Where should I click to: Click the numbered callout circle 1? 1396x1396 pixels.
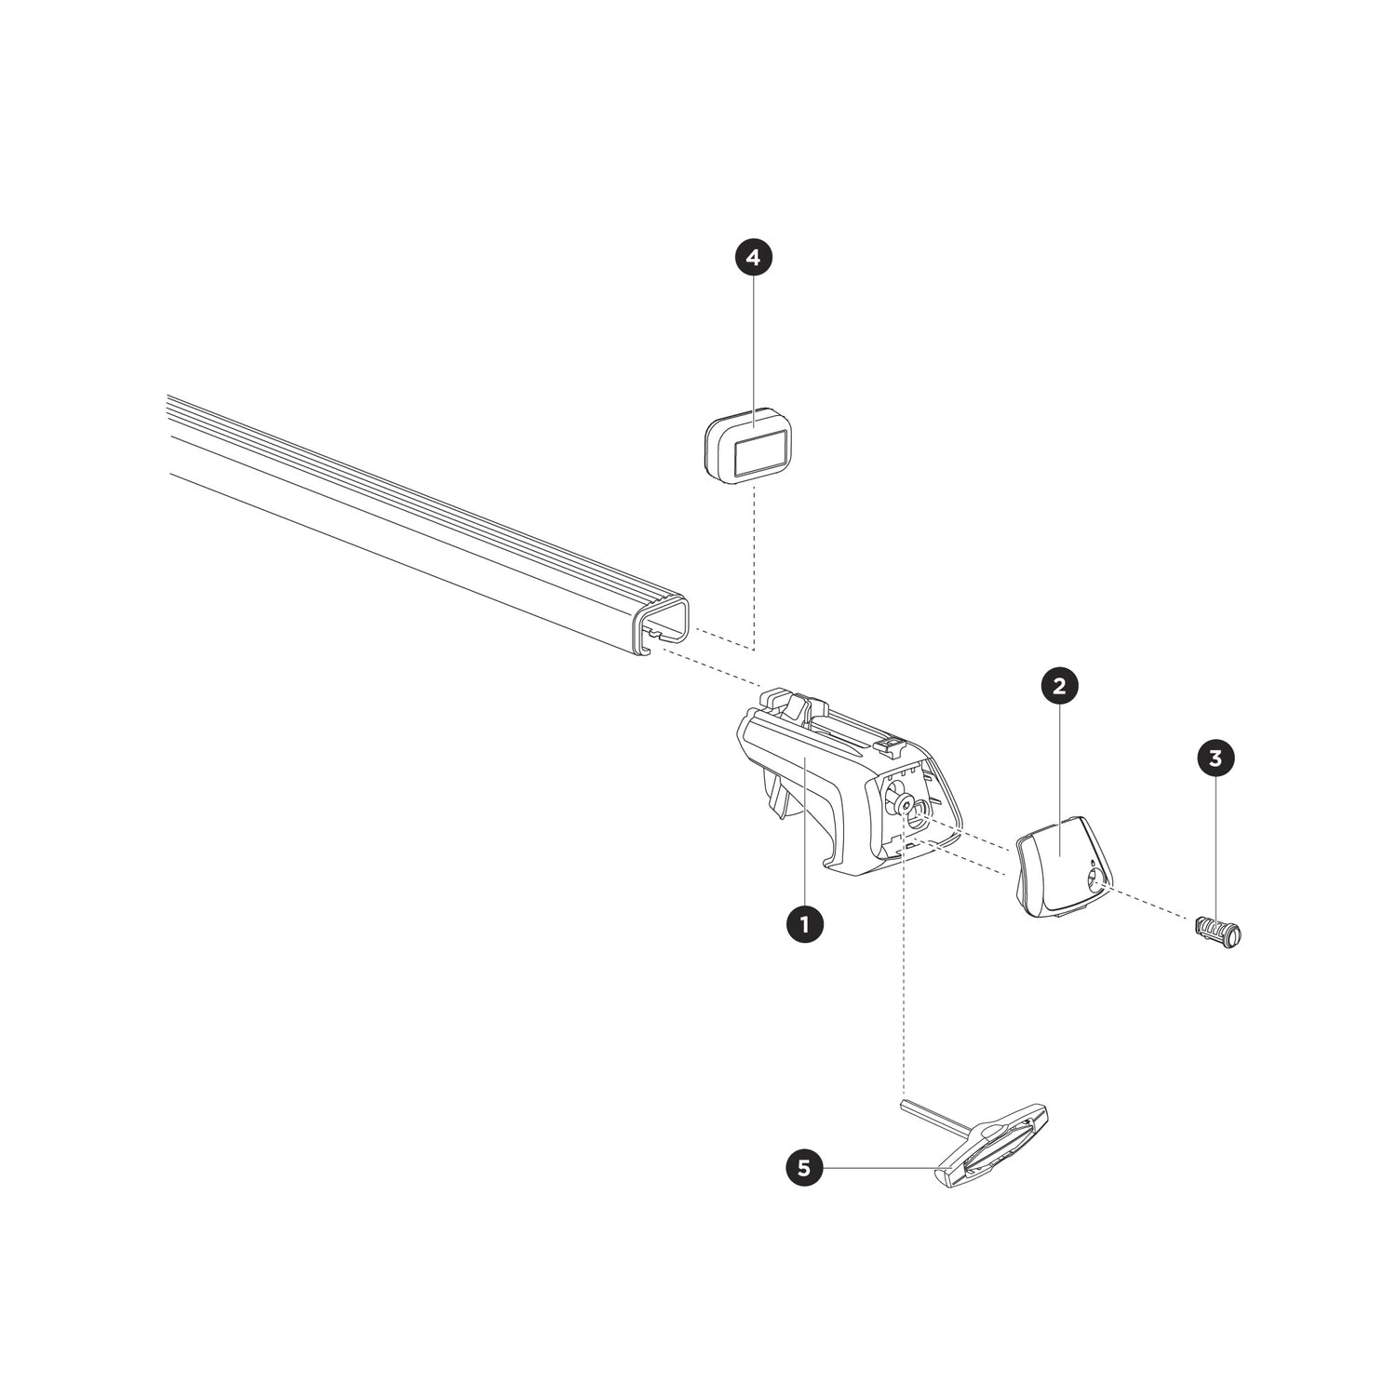click(x=804, y=924)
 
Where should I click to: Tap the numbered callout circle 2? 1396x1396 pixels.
click(x=1059, y=687)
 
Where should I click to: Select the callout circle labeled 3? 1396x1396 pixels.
click(x=1215, y=758)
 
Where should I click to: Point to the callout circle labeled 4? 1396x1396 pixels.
click(x=754, y=258)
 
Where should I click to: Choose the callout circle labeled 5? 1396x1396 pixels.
click(x=804, y=1168)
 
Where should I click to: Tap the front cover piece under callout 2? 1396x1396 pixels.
click(x=1056, y=866)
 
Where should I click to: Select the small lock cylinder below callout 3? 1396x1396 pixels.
click(x=1218, y=931)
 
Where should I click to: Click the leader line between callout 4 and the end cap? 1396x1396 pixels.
click(x=754, y=344)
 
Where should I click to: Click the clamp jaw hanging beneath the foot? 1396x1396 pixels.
click(x=778, y=796)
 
